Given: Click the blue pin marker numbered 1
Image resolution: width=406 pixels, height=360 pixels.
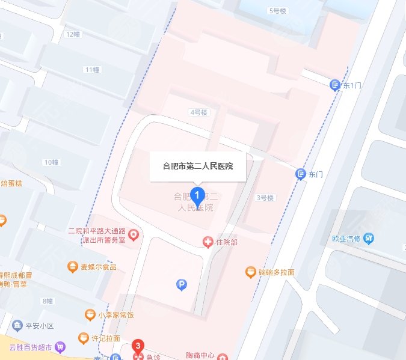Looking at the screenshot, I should tap(196, 195).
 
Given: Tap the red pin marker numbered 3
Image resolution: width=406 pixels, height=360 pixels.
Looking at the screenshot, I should tap(139, 347).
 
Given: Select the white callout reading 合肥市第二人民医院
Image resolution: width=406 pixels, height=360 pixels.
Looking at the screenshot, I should tap(198, 166).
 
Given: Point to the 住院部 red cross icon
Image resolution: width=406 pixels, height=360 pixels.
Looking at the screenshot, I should tap(208, 242).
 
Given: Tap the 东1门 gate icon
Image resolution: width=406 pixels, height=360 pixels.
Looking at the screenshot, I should tap(336, 85).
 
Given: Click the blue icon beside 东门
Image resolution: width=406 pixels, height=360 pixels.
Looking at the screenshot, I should tap(300, 174).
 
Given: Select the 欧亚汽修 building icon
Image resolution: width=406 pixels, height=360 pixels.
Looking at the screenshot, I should tap(369, 238).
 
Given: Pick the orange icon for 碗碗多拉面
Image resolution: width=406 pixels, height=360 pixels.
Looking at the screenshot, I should tap(251, 272).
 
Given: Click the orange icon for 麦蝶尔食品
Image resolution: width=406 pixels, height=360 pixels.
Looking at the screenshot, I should tap(73, 266).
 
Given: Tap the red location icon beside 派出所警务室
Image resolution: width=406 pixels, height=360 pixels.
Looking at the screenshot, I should tap(134, 234).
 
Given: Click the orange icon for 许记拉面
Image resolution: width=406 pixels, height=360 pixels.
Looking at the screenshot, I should tap(83, 338).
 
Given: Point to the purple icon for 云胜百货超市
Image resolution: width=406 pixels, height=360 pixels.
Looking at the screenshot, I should tap(60, 347).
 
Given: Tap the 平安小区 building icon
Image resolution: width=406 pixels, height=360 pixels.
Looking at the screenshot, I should tap(14, 326).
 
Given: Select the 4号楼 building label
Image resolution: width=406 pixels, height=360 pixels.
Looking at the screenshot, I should tap(198, 112).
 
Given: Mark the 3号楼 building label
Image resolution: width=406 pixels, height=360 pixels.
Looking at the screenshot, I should tap(265, 197).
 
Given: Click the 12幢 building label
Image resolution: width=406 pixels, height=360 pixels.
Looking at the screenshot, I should tap(73, 34).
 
